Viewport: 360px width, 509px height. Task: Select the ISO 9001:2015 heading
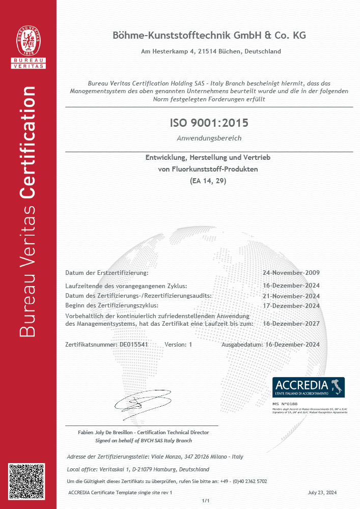point(209,123)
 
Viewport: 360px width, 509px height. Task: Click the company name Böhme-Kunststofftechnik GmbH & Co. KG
point(209,36)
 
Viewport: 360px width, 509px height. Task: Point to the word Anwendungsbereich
point(209,138)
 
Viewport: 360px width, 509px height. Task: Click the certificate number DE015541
point(133,345)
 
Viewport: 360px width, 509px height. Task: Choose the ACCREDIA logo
point(308,387)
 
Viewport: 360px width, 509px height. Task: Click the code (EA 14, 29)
point(208,180)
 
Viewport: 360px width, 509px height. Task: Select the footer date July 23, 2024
point(322,493)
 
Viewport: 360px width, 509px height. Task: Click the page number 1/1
point(206,501)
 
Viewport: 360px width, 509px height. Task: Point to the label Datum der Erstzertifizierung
point(107,273)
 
